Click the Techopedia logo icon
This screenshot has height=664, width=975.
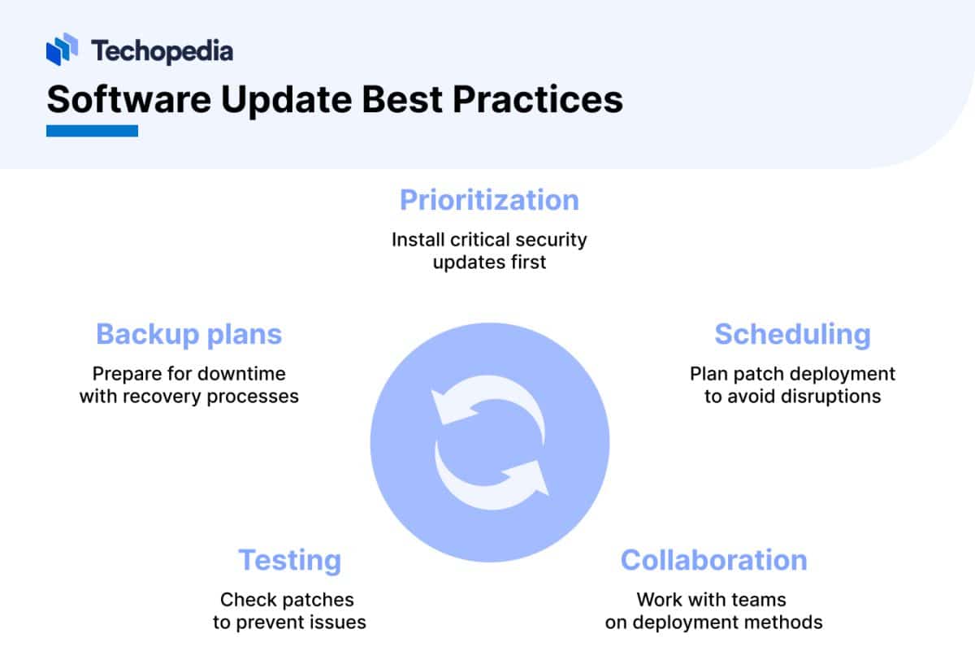62,50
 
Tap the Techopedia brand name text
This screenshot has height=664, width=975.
162,51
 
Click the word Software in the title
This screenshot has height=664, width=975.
129,100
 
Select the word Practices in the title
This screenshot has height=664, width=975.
538,100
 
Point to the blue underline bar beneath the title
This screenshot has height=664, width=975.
93,131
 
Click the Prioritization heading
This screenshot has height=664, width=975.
489,201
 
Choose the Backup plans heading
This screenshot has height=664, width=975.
188,335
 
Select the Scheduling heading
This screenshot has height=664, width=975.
793,335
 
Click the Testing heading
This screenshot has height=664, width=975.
289,561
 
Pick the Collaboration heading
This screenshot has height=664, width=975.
714,560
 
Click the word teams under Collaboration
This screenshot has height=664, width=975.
759,600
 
